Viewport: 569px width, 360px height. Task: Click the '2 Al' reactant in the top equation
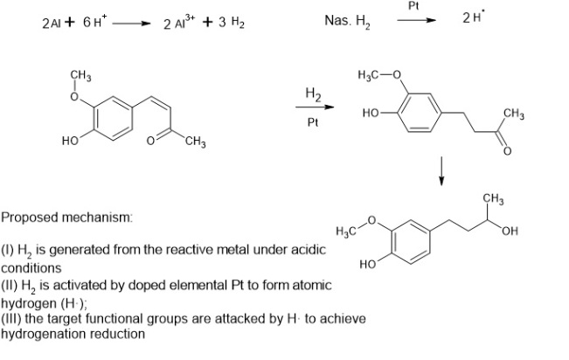coord(51,23)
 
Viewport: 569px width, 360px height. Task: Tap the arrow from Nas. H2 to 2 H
coord(416,22)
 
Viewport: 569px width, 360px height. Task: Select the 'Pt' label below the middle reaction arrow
coord(312,122)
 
